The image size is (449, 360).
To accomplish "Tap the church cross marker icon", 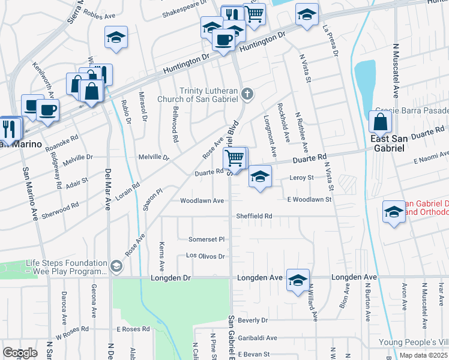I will click(x=248, y=94).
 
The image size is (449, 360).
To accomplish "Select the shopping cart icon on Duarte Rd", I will click(x=235, y=158).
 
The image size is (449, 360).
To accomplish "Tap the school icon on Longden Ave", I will click(x=298, y=280).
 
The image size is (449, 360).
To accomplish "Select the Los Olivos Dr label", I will click(x=205, y=256).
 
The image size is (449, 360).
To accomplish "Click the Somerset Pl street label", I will click(x=206, y=239).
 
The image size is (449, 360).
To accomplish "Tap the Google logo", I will click(x=20, y=353).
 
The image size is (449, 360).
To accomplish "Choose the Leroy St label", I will click(x=302, y=178).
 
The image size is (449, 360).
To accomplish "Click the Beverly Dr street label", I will click(x=253, y=321).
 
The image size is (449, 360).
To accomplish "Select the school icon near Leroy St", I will click(x=260, y=176).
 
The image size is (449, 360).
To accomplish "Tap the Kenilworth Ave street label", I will click(x=43, y=80).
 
